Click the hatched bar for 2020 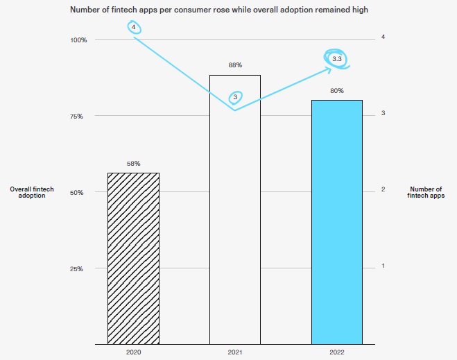(133, 258)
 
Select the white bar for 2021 (234, 209)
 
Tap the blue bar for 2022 (336, 222)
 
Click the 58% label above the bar (133, 164)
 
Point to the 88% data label (234, 65)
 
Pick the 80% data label (336, 91)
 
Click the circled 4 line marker (133, 27)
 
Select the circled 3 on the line (235, 98)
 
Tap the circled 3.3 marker (336, 60)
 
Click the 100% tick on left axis (78, 40)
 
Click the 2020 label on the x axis (133, 352)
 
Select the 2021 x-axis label (234, 352)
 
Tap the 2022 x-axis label (336, 352)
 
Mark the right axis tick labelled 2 (383, 190)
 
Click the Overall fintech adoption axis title (32, 192)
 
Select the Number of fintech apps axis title (425, 192)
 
